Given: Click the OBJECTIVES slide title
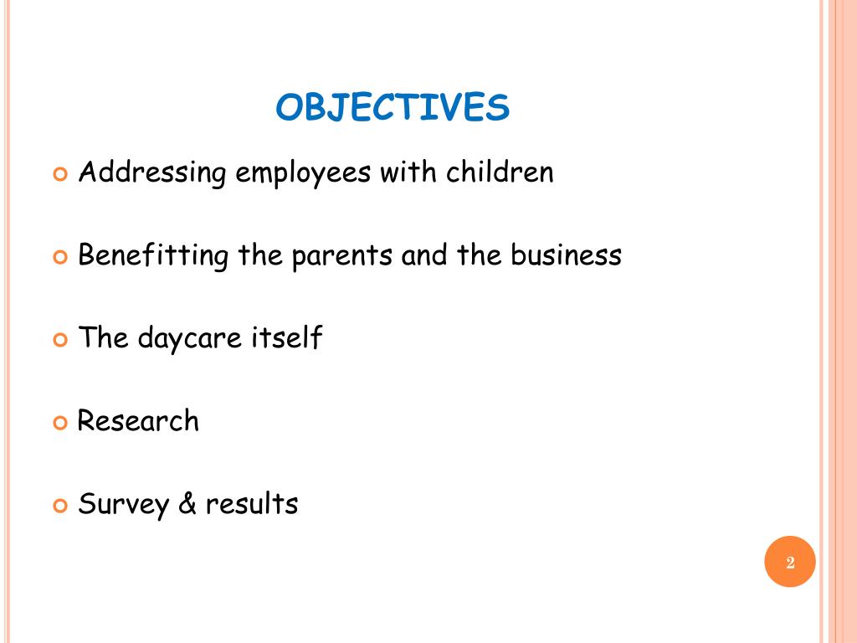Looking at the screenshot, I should coord(393,108).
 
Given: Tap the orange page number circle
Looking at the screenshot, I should coord(789,562).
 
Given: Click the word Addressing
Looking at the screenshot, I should coord(152,173).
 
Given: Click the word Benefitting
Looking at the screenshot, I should coord(153,255).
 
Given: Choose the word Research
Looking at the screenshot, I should coord(138,420).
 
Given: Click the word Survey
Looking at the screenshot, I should coord(123,505).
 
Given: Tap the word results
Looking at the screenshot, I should coord(252,504).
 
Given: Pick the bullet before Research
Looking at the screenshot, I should coord(59,423).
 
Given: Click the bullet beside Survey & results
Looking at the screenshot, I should coord(59,506).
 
